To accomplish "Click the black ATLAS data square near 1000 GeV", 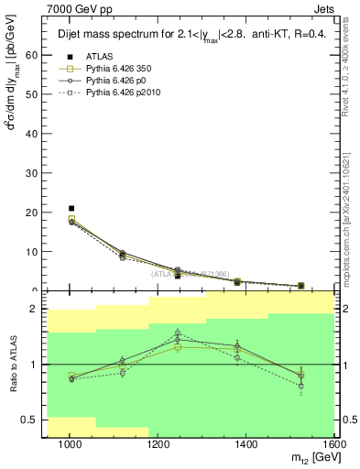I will [71, 209].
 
